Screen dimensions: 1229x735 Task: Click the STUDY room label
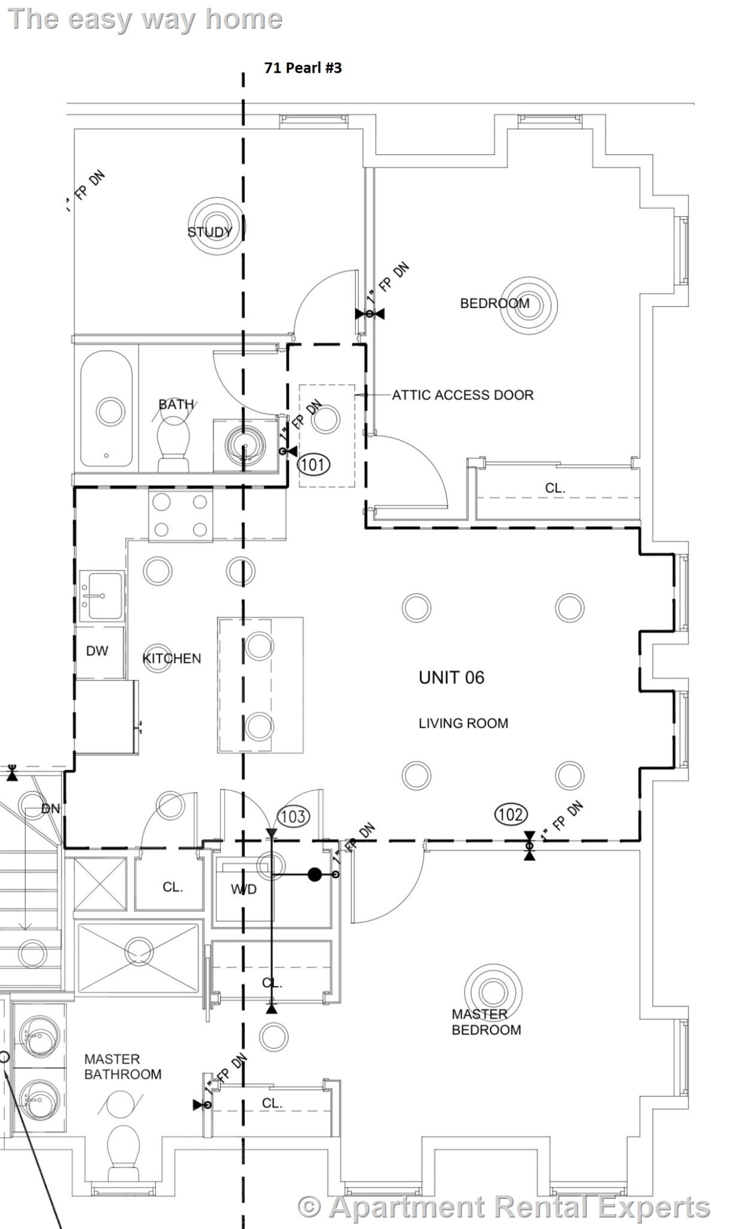click(x=209, y=232)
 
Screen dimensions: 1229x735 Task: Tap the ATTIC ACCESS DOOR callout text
click(x=463, y=395)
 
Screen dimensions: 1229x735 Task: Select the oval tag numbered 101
click(x=314, y=464)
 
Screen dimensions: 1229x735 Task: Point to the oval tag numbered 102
click(x=511, y=814)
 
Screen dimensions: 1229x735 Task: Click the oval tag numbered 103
click(x=293, y=816)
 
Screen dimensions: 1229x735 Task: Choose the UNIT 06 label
click(x=451, y=678)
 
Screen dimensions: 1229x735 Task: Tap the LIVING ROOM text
click(x=463, y=723)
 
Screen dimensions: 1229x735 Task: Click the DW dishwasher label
click(x=97, y=651)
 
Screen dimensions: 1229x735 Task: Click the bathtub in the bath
click(x=106, y=409)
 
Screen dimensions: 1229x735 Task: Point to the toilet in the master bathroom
click(x=124, y=1153)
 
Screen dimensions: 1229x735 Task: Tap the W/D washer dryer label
click(x=244, y=889)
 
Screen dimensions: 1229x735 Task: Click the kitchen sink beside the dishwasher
click(x=102, y=596)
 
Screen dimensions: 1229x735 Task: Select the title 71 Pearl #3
click(x=303, y=68)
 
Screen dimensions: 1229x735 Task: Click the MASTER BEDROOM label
click(x=486, y=1022)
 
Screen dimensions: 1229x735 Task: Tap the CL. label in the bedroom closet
click(x=555, y=488)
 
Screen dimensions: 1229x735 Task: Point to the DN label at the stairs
click(x=50, y=808)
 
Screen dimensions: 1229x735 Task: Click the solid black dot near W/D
click(x=314, y=874)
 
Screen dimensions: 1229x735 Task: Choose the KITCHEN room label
click(x=172, y=658)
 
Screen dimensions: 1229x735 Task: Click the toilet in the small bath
click(x=174, y=444)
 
